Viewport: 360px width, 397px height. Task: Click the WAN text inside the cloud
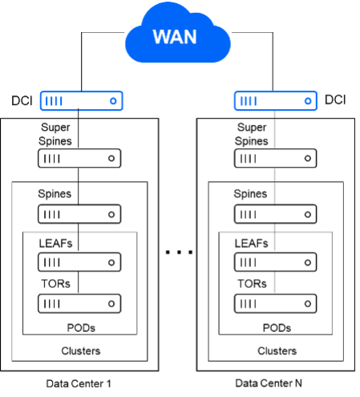pos(175,37)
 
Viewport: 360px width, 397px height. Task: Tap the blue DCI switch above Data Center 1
pos(82,101)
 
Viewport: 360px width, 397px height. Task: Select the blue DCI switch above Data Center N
pos(276,101)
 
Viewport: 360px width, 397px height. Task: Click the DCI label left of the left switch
pos(22,101)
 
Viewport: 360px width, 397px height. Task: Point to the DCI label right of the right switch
pos(335,99)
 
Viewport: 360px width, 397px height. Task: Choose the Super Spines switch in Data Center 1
pos(79,158)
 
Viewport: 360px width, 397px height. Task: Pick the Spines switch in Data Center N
pos(276,214)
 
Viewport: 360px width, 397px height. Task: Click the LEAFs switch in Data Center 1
pos(79,262)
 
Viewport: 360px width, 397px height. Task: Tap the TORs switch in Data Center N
pos(276,304)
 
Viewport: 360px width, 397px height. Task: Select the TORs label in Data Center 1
pos(55,284)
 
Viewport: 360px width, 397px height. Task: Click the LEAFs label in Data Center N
pos(251,244)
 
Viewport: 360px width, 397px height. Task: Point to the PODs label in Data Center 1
pos(81,328)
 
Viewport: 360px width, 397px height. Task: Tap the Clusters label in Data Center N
pos(277,351)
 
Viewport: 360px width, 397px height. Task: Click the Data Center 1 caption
pos(79,383)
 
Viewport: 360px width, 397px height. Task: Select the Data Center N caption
pos(269,383)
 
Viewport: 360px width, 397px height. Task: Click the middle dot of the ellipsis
pos(179,252)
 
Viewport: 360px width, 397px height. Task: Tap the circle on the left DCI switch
pos(113,101)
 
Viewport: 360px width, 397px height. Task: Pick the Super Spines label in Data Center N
pos(252,134)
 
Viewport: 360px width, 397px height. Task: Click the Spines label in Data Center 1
pos(55,193)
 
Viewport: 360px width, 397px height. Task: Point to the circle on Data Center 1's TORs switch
pos(111,304)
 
